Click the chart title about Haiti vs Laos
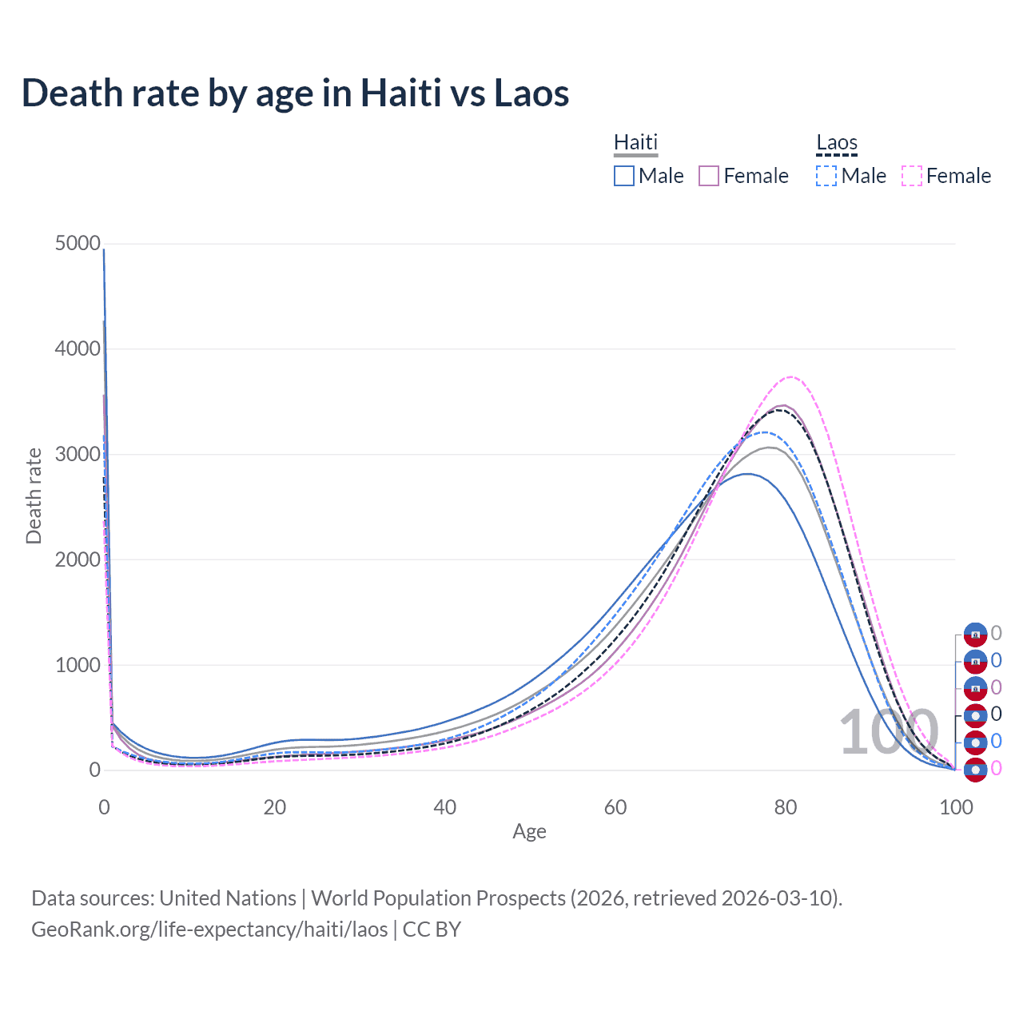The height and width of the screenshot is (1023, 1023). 295,93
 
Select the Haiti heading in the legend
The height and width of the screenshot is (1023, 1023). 635,142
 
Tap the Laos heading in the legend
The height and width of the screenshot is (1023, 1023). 836,142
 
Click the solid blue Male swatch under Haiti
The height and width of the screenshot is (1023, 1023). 624,176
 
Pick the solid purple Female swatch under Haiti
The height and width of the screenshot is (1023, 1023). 709,176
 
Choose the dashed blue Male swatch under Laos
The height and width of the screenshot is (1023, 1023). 826,176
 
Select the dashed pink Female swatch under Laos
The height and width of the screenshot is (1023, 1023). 912,176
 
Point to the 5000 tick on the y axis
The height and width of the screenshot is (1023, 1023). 78,243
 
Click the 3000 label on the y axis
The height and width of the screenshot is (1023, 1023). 78,454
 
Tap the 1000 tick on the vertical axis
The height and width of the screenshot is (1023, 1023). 78,665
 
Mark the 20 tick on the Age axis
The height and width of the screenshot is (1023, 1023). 275,807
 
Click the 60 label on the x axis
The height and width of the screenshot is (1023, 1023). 615,807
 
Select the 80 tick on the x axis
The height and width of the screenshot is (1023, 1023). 786,807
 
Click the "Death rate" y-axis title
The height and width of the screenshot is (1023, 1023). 34,496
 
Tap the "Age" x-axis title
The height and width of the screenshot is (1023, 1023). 529,831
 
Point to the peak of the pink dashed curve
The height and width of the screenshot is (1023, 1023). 791,376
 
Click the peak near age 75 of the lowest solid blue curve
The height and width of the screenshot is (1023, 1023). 747,474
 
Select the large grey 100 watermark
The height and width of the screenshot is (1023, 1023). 888,732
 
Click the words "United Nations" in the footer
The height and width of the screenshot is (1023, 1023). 228,898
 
